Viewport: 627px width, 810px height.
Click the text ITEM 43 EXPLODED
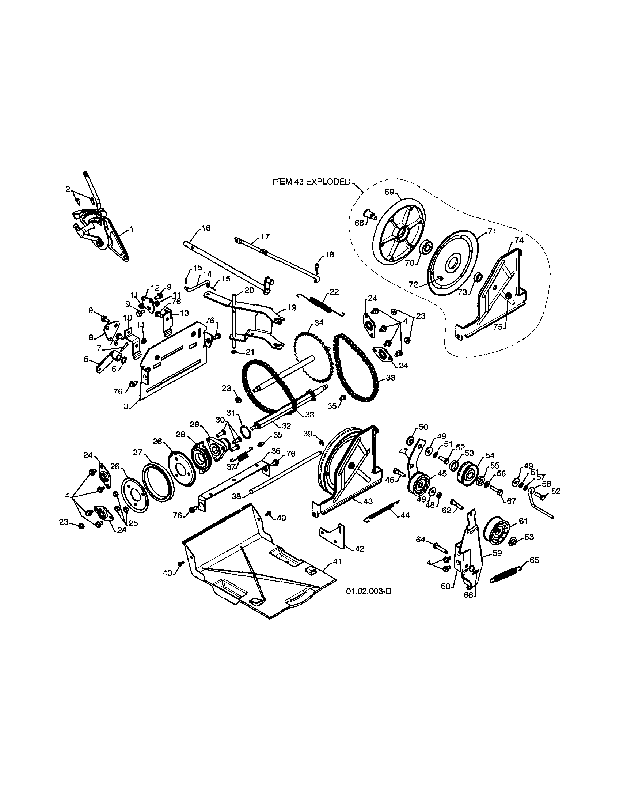(311, 182)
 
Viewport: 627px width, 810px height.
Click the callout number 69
(389, 192)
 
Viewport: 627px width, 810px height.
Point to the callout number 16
(206, 228)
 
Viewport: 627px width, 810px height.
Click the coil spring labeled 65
(506, 577)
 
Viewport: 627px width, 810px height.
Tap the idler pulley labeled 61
(498, 533)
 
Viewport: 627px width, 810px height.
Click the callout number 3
(126, 406)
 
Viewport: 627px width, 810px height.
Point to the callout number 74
(519, 240)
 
